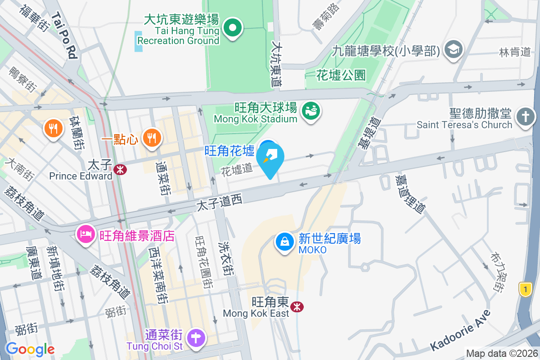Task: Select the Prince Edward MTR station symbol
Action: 120,169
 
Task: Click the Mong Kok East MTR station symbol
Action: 297,306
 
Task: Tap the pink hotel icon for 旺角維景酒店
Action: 85,234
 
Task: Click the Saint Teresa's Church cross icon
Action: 525,117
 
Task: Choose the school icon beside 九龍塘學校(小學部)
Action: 453,49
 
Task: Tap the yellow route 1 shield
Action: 525,289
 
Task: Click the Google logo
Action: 30,349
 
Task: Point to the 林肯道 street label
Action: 515,52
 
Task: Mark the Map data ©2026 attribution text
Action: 501,353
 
